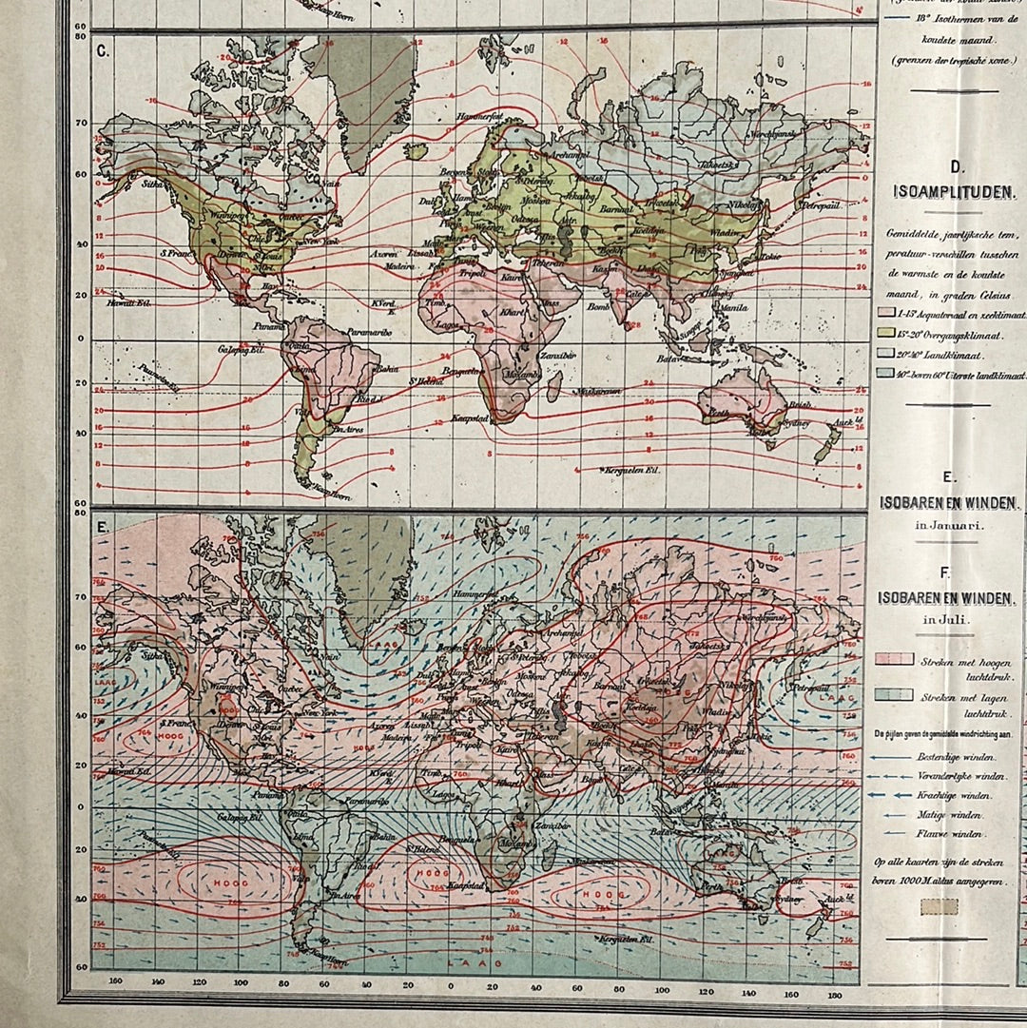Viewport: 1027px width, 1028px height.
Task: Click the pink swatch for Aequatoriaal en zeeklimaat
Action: pyautogui.click(x=886, y=312)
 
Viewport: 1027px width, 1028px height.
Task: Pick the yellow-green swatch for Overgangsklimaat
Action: pyautogui.click(x=886, y=333)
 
